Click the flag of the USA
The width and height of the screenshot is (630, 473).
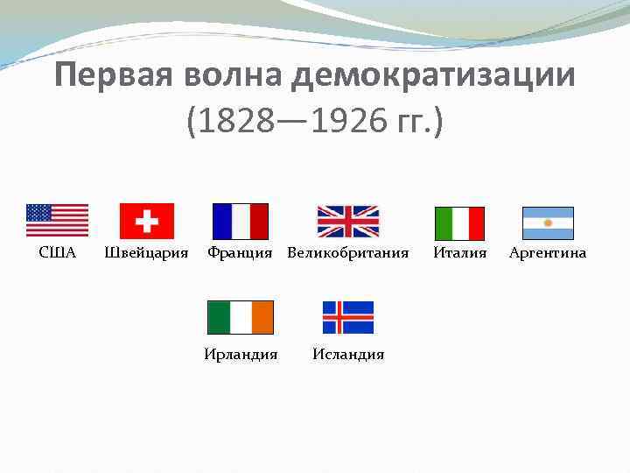point(57,221)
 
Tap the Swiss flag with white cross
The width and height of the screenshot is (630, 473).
point(146,221)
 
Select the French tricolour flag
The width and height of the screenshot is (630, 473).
point(241,222)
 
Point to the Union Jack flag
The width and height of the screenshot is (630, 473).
point(347,222)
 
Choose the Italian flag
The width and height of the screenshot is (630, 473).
point(459,223)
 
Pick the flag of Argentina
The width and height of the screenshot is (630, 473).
point(548,223)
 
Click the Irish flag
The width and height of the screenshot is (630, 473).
point(241,317)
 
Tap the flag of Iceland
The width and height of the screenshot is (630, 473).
point(348,317)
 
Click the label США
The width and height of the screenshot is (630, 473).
point(58,253)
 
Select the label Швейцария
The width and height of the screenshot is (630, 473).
point(146,253)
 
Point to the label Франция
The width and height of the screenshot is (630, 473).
point(240,253)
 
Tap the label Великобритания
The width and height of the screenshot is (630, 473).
point(348,253)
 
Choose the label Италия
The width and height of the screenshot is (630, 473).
point(460,253)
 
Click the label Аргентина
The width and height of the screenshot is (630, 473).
point(548,253)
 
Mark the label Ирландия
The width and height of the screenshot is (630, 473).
point(241,355)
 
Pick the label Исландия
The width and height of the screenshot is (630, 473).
point(348,355)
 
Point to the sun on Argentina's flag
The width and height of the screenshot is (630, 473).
point(548,223)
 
